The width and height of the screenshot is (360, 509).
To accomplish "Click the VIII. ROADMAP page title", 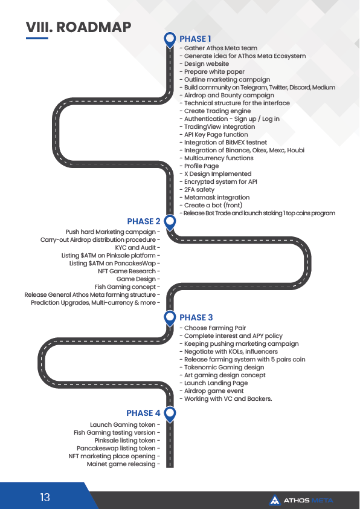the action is [x=79, y=27].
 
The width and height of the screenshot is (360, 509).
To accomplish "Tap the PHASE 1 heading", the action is [x=195, y=39].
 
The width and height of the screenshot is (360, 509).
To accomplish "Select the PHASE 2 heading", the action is [x=144, y=221].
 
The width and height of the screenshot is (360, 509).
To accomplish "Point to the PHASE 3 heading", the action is [x=196, y=317].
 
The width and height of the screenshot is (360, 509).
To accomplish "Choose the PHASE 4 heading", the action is [x=143, y=413].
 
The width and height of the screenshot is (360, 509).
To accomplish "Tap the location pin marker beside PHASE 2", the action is [x=170, y=222].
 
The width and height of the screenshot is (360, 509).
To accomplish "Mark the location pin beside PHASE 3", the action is [x=170, y=319].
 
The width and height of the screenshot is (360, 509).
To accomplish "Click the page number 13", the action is [x=45, y=498].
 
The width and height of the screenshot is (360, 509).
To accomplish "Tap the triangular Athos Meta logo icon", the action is [x=275, y=501].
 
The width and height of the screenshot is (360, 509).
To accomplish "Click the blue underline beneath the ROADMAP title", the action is [x=37, y=38].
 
